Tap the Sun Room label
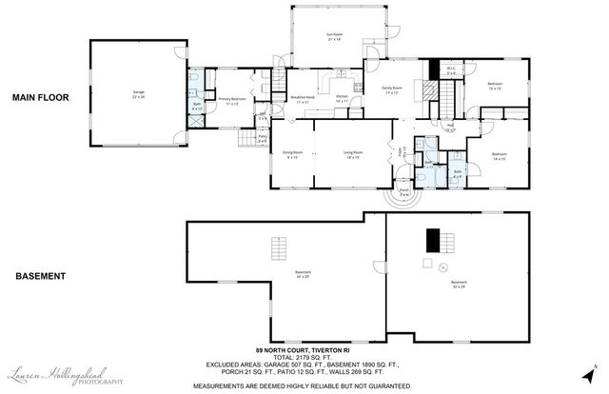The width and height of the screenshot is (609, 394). (334, 39)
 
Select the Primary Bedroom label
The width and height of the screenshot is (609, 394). (232, 100)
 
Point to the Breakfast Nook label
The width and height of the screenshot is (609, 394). (304, 99)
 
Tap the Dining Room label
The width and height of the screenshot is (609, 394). (291, 154)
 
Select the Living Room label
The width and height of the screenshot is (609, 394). (354, 154)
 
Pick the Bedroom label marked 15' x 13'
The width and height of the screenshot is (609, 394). (496, 86)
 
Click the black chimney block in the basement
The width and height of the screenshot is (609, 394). (434, 239)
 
